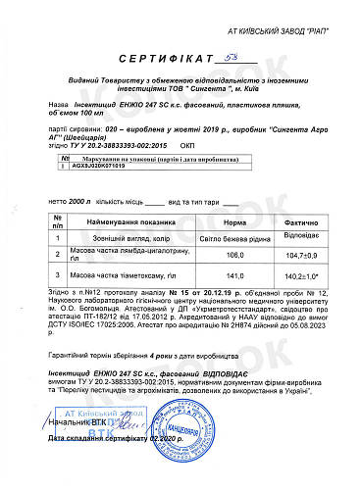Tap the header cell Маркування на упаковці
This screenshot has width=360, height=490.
click(121, 157)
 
